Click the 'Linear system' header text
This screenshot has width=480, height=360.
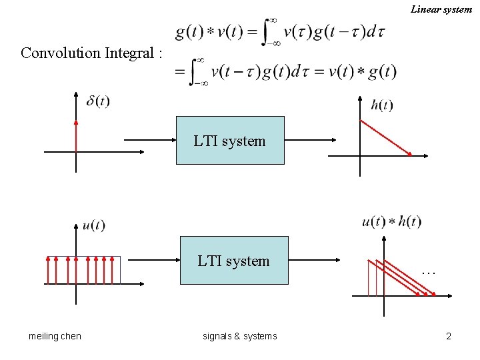point(441,9)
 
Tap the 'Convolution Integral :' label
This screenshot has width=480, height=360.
point(91,53)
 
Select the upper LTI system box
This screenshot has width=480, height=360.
point(230,141)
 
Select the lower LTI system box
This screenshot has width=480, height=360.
point(234,261)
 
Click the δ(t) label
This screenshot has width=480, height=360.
point(98,101)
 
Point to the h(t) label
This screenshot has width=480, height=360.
point(382,105)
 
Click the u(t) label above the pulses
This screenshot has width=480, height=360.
point(94,225)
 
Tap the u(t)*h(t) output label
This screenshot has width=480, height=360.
point(391,222)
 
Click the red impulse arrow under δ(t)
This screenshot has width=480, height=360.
point(77,137)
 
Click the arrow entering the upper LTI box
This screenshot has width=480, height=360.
point(150,140)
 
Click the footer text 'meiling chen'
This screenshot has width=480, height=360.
point(55,336)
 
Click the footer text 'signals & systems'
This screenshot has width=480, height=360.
point(239,336)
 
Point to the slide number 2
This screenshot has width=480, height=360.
point(449,336)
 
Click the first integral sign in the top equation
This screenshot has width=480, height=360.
point(269,31)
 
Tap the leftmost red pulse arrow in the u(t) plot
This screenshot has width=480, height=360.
point(47,270)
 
